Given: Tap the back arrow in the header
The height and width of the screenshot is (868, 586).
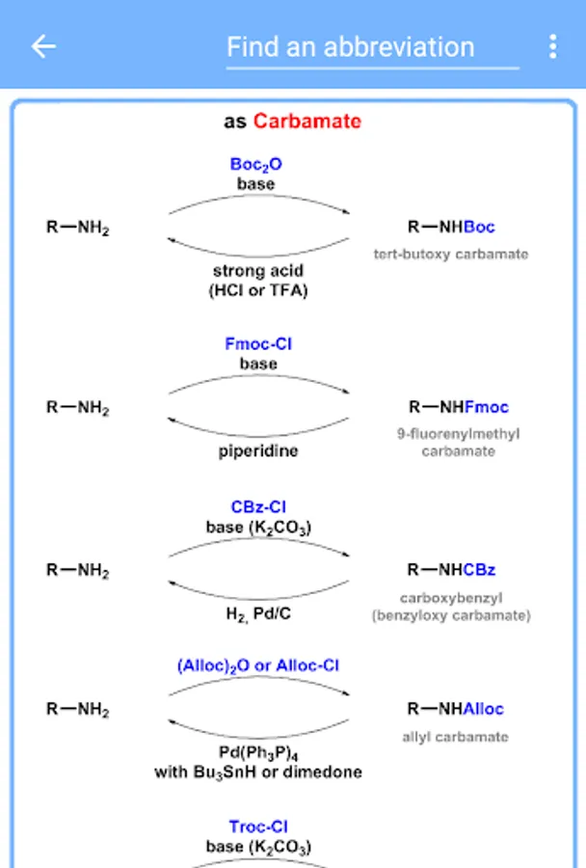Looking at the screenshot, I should [x=43, y=46].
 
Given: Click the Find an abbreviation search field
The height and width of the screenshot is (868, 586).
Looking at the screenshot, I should [x=372, y=47].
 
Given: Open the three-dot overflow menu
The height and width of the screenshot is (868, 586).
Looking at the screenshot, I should [x=552, y=46].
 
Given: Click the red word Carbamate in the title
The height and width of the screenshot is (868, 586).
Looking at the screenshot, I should [x=307, y=122].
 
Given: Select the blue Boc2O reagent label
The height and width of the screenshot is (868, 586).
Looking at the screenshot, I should [x=256, y=165].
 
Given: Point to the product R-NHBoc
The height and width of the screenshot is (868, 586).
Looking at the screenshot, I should [x=451, y=228].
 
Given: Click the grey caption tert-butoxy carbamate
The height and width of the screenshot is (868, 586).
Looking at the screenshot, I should [x=451, y=255].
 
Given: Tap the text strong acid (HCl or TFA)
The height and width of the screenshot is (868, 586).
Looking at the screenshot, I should [x=258, y=281].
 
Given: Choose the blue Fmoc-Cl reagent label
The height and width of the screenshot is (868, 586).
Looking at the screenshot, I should [x=257, y=344].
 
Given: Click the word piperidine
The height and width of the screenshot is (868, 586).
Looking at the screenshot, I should [x=257, y=450].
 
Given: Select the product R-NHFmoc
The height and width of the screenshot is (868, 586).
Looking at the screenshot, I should [x=458, y=407].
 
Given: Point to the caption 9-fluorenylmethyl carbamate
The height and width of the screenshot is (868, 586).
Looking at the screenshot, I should [x=458, y=442].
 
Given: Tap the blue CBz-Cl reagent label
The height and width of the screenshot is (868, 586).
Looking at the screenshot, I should [x=258, y=507].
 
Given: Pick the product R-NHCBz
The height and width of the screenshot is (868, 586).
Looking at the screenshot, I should [x=451, y=570].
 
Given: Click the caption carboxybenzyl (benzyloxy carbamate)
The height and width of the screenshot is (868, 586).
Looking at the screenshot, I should [x=451, y=606].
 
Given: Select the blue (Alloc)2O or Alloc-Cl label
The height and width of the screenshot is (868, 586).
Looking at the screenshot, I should [x=258, y=665].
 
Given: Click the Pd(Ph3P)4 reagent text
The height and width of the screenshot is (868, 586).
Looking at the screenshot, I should [x=257, y=752].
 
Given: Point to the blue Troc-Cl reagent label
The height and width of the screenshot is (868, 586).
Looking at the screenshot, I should [x=258, y=827].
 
